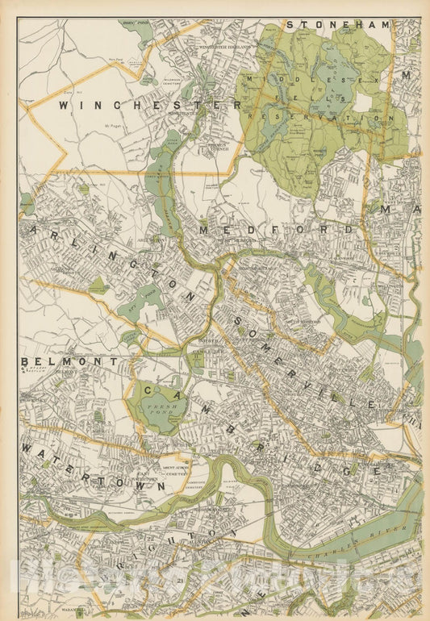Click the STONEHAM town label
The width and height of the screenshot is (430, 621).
coord(338,25)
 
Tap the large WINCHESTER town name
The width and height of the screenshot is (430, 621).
coord(150,105)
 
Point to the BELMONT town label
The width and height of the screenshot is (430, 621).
coord(69,362)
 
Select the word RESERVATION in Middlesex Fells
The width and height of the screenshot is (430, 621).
coord(320,118)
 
